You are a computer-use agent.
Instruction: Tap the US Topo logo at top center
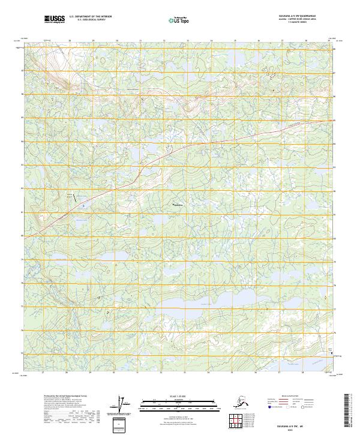[x=174, y=20]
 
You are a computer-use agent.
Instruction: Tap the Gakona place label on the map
[x=178, y=205]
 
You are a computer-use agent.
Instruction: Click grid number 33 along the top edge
[x=188, y=41]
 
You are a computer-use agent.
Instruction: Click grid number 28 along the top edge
[x=70, y=41]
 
